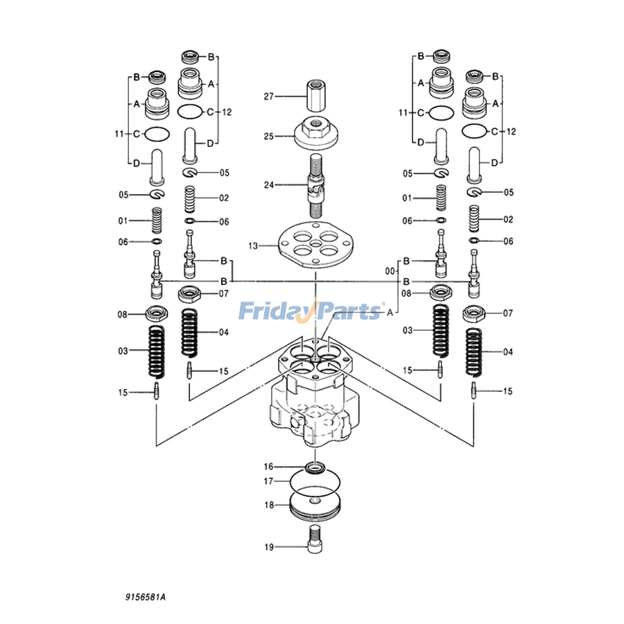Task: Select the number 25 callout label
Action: pos(269,137)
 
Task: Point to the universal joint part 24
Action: pos(315,186)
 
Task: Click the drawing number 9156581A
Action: pos(146,597)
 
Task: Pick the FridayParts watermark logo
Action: pos(311,311)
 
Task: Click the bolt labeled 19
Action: pos(315,539)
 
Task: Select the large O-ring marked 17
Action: pos(315,483)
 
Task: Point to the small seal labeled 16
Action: pos(315,467)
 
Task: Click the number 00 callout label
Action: pos(390,271)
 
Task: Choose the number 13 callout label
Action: pos(253,246)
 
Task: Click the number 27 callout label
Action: pos(269,96)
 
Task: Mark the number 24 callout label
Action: pos(269,184)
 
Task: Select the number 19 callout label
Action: pos(269,547)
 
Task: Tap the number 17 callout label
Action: pos(269,482)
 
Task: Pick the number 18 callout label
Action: pos(269,505)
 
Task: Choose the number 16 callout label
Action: pos(269,467)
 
